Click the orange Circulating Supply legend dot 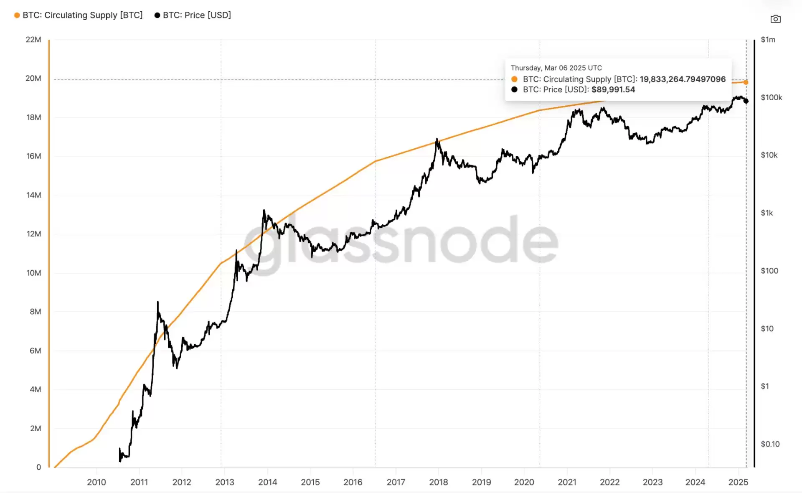pos(17,15)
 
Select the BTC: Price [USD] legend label pos(197,15)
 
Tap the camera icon pos(775,19)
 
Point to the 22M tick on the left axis pos(33,40)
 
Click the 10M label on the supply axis pos(33,273)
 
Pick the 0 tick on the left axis pos(39,467)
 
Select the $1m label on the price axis pos(768,40)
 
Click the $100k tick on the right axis pos(771,97)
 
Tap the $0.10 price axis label pos(770,444)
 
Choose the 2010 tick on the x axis pos(96,482)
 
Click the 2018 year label pos(439,482)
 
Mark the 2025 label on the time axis pos(738,482)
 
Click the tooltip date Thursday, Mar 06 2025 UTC pos(556,68)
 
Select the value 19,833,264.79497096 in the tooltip pos(683,79)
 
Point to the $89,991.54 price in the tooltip pos(613,90)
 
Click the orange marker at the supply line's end pos(746,82)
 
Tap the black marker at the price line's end pos(746,101)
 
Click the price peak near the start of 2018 pos(437,139)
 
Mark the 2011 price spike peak pos(158,302)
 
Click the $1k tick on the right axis pos(766,213)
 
